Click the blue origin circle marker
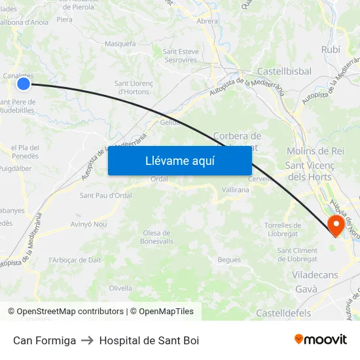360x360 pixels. coord(24,83)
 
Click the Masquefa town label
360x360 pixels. coord(120,44)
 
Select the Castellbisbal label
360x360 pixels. coord(284,71)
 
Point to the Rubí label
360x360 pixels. coord(331,49)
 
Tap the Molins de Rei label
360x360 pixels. coord(315,151)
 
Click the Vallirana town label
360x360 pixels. coord(236,189)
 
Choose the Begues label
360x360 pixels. coord(229,260)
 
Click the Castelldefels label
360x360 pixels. coord(283,314)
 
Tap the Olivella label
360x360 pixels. coord(120,288)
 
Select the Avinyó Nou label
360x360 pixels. coord(88,224)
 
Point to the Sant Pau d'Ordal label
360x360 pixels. coord(106,195)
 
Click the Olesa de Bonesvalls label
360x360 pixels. coord(156,237)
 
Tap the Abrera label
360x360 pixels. coord(207,21)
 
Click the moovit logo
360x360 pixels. coord(321,339)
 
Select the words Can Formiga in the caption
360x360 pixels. coord(45,340)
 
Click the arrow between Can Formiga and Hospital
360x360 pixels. coord(88,340)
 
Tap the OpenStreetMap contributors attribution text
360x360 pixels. coord(70,312)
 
